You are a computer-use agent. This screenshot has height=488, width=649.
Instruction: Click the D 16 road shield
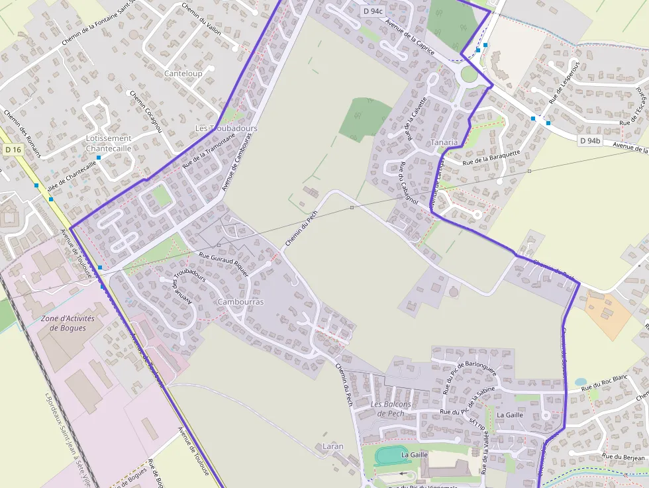13,150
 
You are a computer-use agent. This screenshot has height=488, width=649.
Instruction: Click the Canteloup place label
183,73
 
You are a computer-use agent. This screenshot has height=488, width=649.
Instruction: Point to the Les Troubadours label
226,128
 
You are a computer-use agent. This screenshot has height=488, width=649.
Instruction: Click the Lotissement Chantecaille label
109,143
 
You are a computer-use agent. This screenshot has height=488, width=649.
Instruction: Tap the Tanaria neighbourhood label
444,142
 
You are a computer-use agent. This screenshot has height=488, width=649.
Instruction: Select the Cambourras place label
240,302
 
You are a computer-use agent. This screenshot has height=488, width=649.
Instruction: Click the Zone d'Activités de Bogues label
68,323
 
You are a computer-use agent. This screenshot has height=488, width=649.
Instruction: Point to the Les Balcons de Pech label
391,409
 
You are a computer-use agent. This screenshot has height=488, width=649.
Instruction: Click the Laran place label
332,446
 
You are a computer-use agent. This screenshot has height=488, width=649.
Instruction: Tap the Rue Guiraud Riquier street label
224,264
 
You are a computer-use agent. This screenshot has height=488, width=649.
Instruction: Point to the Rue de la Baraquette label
491,157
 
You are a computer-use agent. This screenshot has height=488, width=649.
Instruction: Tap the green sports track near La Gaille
392,456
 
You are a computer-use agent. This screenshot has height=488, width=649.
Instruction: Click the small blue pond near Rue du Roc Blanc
581,382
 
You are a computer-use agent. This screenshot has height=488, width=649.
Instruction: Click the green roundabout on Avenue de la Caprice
469,74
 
